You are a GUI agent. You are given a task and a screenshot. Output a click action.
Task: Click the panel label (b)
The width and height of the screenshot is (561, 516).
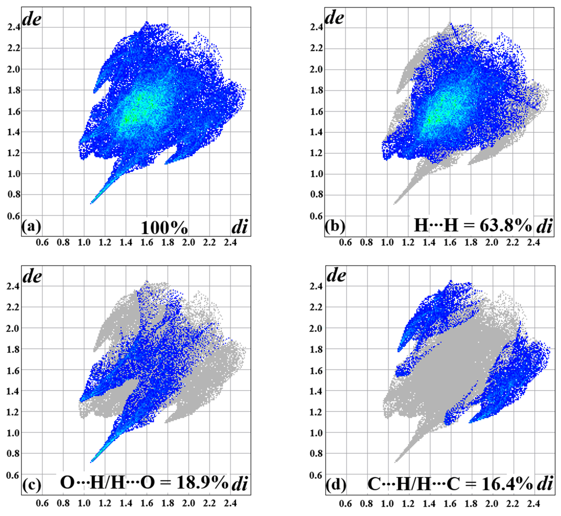click(x=335, y=226)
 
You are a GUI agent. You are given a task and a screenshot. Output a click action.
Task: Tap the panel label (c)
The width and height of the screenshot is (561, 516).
click(x=32, y=485)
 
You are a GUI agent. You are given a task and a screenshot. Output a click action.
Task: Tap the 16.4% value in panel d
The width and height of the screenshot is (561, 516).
click(x=507, y=484)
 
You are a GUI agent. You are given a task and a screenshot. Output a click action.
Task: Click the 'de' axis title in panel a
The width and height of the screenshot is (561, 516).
click(x=32, y=20)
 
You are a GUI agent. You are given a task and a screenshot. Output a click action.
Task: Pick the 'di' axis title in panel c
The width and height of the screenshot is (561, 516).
click(x=239, y=485)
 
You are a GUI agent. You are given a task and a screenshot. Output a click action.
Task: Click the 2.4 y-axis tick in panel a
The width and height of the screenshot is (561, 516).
click(x=14, y=27)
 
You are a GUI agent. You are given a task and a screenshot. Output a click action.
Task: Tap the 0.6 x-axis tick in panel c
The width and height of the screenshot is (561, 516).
click(x=42, y=503)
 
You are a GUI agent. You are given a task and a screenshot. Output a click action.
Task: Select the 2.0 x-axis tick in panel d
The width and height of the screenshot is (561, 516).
click(x=492, y=503)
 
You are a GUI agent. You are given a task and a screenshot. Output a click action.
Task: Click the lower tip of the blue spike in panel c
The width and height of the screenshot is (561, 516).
click(x=91, y=462)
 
